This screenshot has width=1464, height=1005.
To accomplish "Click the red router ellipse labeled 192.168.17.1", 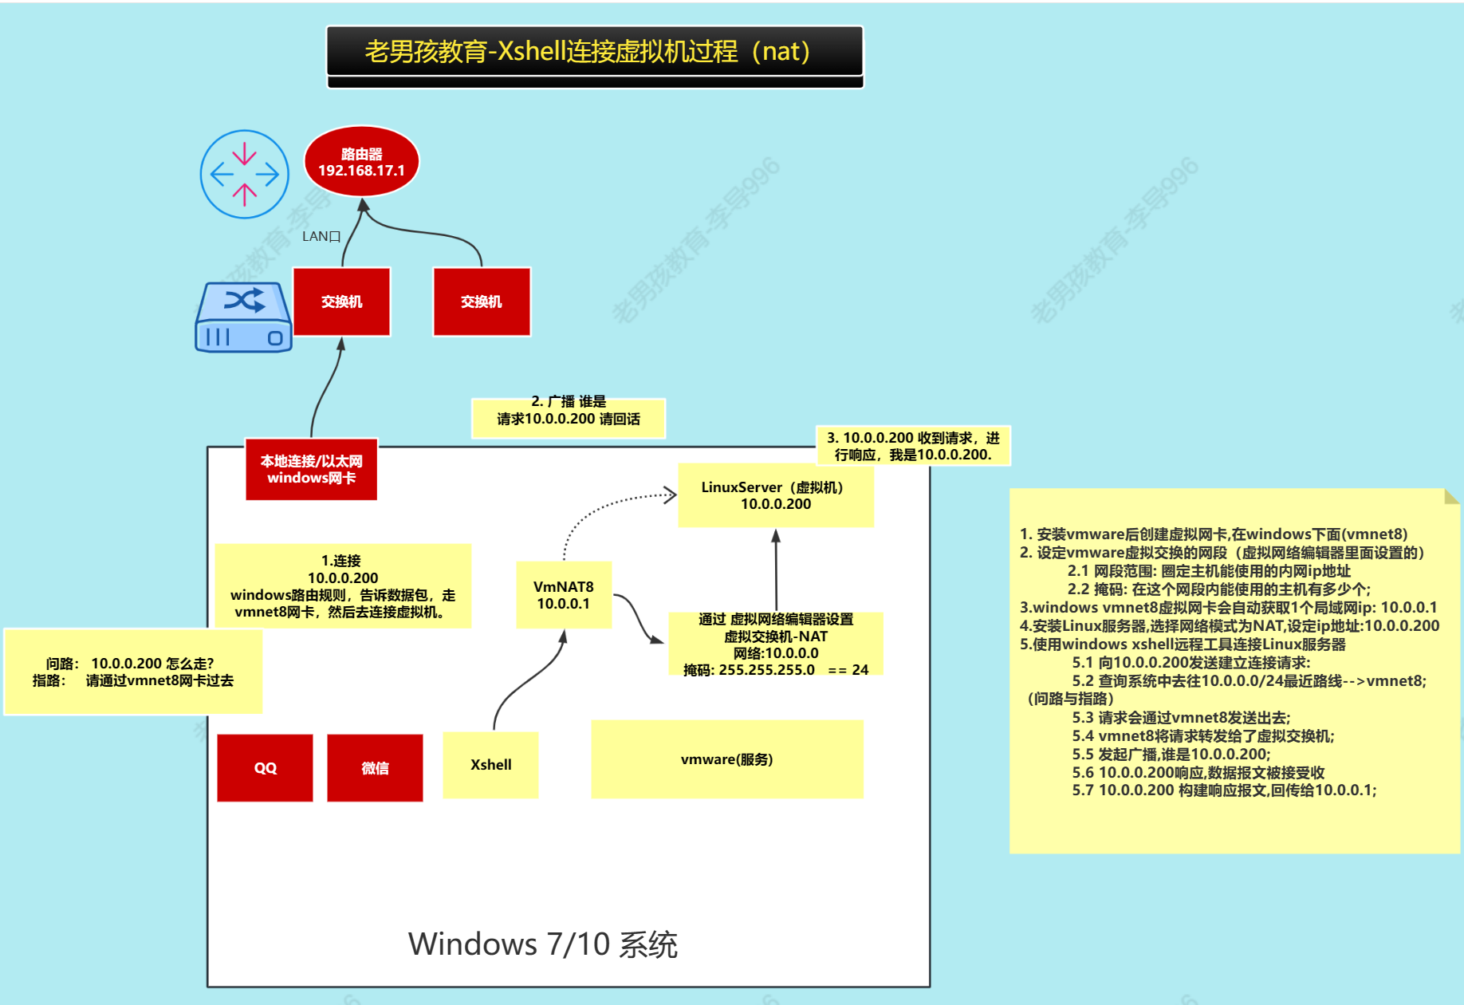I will tap(361, 161).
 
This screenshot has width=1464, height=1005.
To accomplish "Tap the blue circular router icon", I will tap(244, 174).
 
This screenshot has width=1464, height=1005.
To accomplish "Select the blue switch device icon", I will tap(243, 317).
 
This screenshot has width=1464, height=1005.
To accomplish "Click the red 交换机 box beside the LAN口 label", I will tap(341, 301).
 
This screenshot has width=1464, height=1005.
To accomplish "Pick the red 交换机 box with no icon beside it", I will tap(481, 301).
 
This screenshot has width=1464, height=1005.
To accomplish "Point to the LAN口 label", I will tap(321, 236).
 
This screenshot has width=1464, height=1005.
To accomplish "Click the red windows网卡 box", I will tap(311, 470).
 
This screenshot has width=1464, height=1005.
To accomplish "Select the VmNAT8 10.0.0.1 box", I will tap(563, 595).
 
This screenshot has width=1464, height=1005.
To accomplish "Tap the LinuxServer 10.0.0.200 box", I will tap(775, 495).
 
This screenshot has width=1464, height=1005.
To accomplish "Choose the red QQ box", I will tap(265, 767).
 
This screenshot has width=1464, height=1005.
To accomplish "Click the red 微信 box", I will tap(375, 767).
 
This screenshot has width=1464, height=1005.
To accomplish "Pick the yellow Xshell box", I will tap(490, 765).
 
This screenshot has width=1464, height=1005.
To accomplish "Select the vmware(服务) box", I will tap(726, 759).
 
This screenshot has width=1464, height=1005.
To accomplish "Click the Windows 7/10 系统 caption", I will tap(542, 944).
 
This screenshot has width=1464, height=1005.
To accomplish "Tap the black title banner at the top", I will tap(594, 51).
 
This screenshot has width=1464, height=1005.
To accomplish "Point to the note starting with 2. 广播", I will tap(568, 411).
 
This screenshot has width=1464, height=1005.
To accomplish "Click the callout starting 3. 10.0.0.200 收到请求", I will tap(913, 446).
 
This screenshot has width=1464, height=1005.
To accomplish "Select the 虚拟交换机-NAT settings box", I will tap(775, 644).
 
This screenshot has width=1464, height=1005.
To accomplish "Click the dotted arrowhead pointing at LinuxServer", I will tap(671, 495).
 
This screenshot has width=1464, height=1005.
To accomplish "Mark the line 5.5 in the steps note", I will tap(1171, 754).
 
